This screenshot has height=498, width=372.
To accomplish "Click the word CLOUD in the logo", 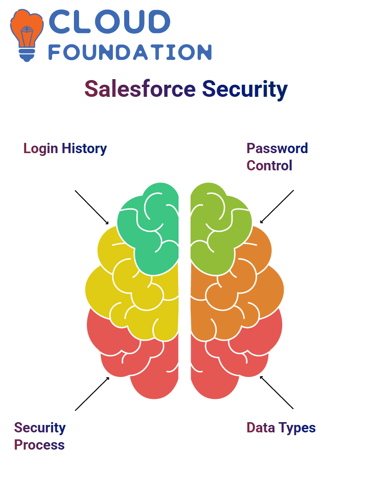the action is tap(109, 21).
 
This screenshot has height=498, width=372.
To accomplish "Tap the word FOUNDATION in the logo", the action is tap(130, 52).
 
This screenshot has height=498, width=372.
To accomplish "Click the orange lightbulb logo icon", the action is tap(27, 35).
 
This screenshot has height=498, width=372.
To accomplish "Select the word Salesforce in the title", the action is tap(140, 88).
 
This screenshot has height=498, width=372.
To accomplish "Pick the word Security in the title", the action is tap(245, 90).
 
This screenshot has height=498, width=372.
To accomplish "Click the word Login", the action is tap(40, 149).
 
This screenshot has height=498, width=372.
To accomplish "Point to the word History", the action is tap(85, 149).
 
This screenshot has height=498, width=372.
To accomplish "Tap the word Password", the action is tap(277, 148).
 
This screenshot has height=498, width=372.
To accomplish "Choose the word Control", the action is tap(270, 166).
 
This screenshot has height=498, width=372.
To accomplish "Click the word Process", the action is tap(40, 445).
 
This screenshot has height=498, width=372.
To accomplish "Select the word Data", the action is tap(261, 428).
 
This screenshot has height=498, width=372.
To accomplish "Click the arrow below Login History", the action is tap(92, 208).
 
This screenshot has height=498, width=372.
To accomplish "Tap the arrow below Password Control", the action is tap(277, 207).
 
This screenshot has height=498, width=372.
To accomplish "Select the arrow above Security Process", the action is tap(92, 394).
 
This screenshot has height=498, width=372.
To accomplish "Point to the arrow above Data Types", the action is tap(277, 392).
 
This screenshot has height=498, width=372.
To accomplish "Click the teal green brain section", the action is tap(150, 229).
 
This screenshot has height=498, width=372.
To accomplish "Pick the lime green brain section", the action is tap(219, 229).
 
